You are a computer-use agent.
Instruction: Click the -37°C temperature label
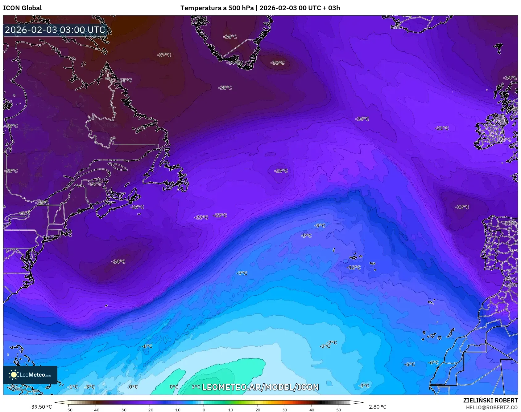164,55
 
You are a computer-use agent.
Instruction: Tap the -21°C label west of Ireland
442,128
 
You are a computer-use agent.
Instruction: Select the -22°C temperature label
201,217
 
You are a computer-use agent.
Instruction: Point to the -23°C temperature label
220,215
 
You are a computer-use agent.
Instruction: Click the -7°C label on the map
242,273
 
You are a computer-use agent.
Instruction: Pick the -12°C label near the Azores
354,267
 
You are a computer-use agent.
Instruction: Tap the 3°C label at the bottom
196,387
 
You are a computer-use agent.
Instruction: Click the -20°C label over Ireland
505,139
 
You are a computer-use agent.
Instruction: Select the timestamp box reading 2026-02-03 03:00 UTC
55,30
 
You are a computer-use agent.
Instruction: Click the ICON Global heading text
22,8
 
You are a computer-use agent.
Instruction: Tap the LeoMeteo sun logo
14,375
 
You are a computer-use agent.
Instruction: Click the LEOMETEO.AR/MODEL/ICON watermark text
260,387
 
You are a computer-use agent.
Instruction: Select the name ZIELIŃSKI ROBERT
490,400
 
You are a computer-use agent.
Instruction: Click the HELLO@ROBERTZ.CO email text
492,407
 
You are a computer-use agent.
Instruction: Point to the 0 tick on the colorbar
204,410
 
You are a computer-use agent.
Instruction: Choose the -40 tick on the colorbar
96,410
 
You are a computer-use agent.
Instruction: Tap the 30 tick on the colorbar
284,410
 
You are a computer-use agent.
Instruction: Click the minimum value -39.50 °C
40,407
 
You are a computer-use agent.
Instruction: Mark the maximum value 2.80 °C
378,407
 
